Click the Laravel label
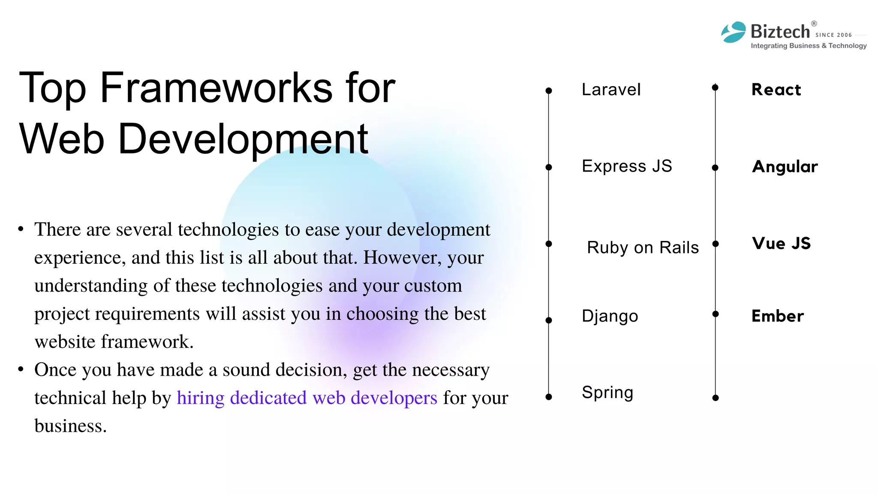tap(611, 90)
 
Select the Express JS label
tap(627, 166)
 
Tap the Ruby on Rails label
tap(643, 247)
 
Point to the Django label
tap(610, 316)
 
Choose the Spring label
tap(607, 392)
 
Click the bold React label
tap(776, 90)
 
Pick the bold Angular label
tap(785, 166)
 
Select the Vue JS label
tap(781, 243)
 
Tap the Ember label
tap(778, 316)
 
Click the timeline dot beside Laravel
tap(548, 91)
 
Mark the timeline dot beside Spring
tap(548, 397)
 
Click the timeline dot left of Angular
tap(715, 168)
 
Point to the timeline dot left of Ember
tap(715, 314)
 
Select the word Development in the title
tap(243, 139)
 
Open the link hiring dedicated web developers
tap(307, 398)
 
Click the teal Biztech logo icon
tap(734, 32)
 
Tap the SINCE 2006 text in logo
tap(833, 35)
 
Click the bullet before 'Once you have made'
tap(21, 369)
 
